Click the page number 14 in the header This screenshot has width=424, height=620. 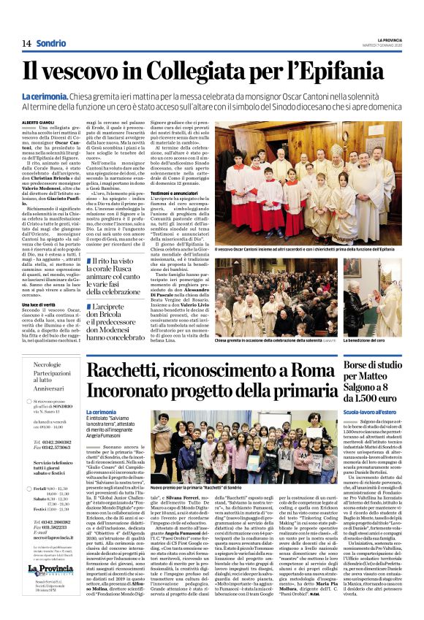[26, 43]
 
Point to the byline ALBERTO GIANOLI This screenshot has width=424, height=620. [42, 123]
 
